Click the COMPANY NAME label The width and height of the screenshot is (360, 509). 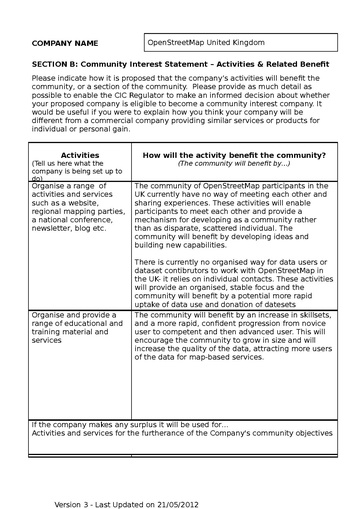coord(65,44)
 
